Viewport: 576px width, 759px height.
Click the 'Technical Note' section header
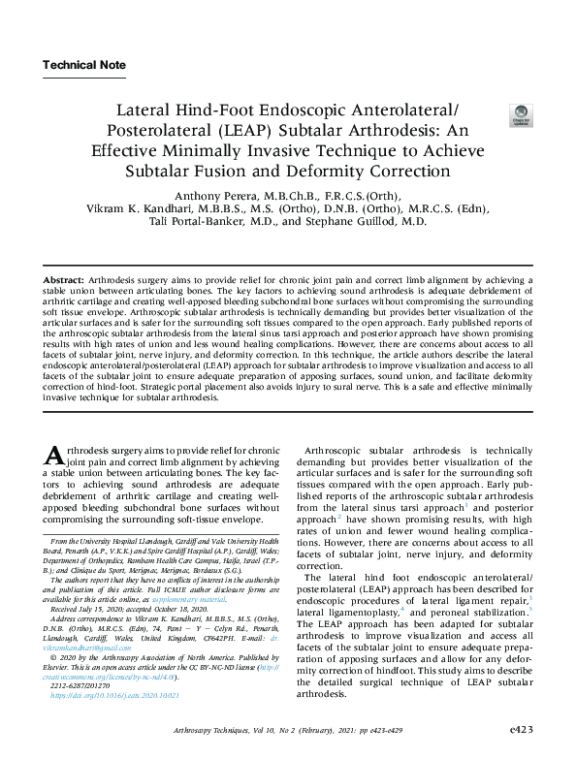84,65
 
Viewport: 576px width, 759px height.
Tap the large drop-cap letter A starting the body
56,456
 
